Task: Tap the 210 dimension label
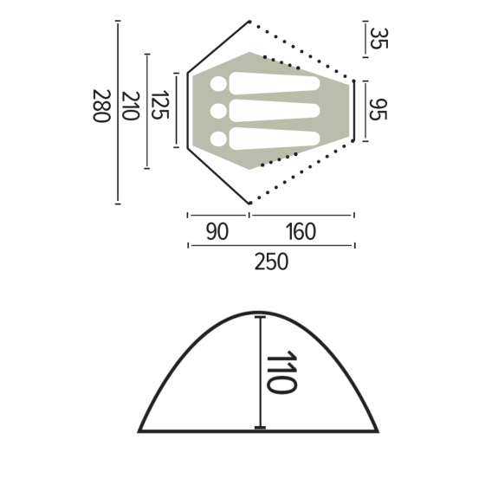[132, 107]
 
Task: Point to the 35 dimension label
[378, 38]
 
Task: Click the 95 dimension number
[378, 110]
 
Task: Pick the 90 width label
[217, 232]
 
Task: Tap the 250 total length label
[271, 262]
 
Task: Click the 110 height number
[281, 372]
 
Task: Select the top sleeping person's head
[217, 84]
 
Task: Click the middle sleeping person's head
[217, 111]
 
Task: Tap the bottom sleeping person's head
[217, 137]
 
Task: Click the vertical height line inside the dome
[260, 372]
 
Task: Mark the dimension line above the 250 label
[271, 246]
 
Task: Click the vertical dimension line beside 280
[118, 113]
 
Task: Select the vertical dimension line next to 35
[365, 39]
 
